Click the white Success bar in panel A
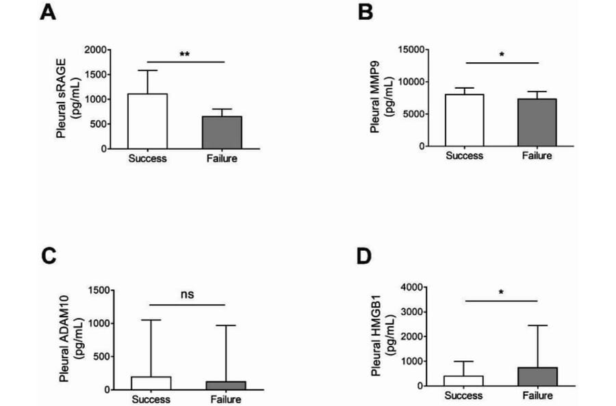[x=148, y=121]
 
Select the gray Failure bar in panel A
[x=222, y=133]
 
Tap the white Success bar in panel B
[x=465, y=120]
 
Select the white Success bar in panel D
[x=464, y=381]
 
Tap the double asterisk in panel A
[x=185, y=55]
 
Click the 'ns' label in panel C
[x=188, y=295]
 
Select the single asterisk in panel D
[x=502, y=293]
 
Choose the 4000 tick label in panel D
[x=413, y=286]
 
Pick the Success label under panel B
[x=464, y=156]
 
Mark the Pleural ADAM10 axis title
[x=66, y=340]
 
